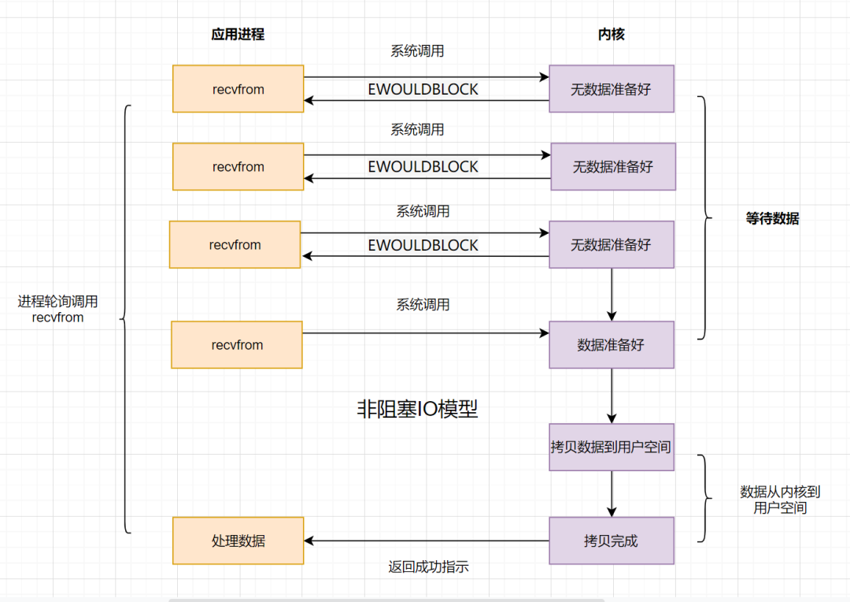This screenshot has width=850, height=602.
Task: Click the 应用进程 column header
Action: [x=238, y=35]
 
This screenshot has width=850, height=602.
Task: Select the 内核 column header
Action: [x=612, y=35]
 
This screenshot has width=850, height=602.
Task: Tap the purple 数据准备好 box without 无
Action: [x=612, y=344]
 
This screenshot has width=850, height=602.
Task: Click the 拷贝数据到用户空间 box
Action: [x=612, y=447]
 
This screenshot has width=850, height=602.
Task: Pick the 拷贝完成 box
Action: [x=612, y=541]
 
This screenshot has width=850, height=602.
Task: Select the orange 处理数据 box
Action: [x=238, y=541]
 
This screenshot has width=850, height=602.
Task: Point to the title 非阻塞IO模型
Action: [x=417, y=409]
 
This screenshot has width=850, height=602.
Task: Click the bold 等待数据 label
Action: [x=772, y=219]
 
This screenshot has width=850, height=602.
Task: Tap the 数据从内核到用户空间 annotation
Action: [x=780, y=500]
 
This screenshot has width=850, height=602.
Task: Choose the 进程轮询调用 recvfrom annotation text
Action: [x=58, y=310]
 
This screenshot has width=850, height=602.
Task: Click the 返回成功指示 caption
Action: [x=429, y=567]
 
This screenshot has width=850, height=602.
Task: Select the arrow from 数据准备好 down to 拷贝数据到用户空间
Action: [x=612, y=396]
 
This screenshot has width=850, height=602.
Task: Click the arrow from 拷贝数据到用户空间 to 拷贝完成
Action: [x=612, y=493]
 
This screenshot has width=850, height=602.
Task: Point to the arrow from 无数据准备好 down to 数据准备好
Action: [x=612, y=294]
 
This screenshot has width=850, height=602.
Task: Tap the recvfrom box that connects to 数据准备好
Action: [x=237, y=344]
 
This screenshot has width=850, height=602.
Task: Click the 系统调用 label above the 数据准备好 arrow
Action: [x=423, y=305]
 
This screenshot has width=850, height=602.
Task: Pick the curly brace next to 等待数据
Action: [x=704, y=218]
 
